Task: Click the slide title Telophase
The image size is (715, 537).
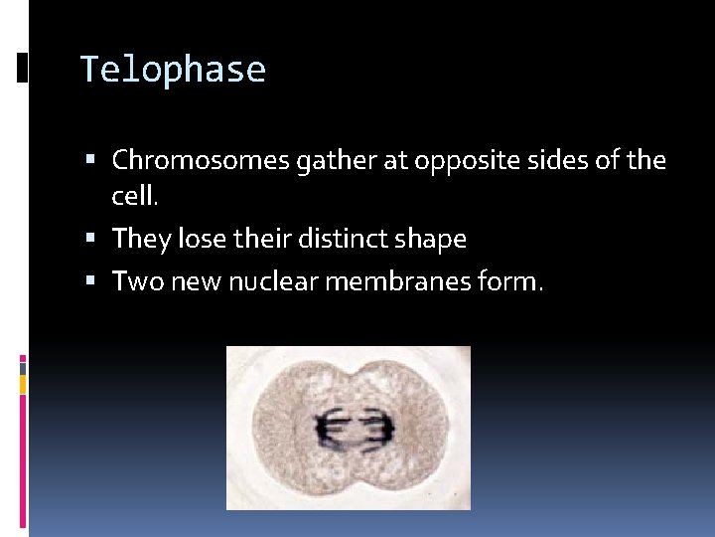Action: tap(173, 71)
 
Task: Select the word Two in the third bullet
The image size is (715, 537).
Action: tap(135, 281)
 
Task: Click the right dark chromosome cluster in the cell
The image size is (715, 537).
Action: tap(377, 428)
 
